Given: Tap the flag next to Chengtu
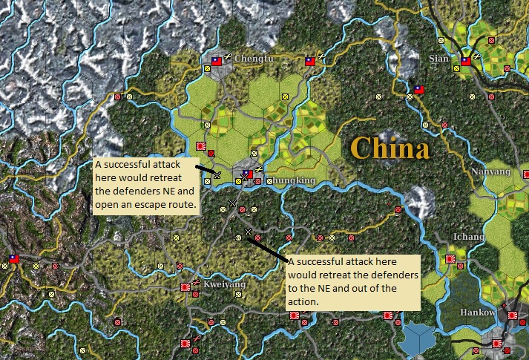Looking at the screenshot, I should pyautogui.click(x=217, y=62).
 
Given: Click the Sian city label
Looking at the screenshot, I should pyautogui.click(x=440, y=58).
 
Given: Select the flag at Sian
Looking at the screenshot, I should pyautogui.click(x=466, y=62).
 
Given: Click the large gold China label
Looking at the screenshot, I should pyautogui.click(x=390, y=148).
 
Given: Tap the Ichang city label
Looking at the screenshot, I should pyautogui.click(x=469, y=238).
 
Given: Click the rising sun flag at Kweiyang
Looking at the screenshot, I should pyautogui.click(x=186, y=287).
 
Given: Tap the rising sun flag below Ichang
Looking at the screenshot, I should pyautogui.click(x=450, y=259).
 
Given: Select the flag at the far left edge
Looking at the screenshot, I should pyautogui.click(x=13, y=259).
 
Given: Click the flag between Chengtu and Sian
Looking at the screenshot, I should pyautogui.click(x=309, y=62).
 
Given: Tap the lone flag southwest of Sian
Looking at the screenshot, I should pyautogui.click(x=419, y=89).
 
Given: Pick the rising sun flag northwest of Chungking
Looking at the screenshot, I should pyautogui.click(x=200, y=145).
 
